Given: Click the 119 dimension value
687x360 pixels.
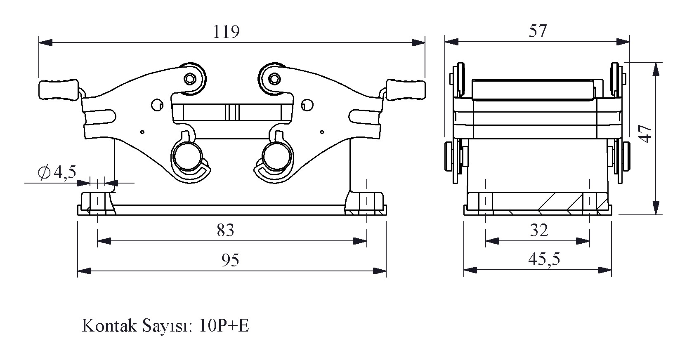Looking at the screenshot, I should (226, 32).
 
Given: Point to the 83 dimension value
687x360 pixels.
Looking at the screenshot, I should (226, 230).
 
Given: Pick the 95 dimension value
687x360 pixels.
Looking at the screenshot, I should (230, 260).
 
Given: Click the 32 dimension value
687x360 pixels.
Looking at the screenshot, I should (538, 231).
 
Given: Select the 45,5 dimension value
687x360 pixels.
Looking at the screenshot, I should (544, 259).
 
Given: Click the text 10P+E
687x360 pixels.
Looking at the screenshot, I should (224, 326).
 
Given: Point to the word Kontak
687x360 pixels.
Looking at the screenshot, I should (109, 326).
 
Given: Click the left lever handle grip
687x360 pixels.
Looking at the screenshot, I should (58, 90).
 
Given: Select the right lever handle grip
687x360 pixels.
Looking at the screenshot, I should (406, 90).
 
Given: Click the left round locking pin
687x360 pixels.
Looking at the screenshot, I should (187, 157).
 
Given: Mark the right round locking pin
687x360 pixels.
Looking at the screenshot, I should (278, 157).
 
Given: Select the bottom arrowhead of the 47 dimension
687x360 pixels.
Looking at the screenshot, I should (656, 209).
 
